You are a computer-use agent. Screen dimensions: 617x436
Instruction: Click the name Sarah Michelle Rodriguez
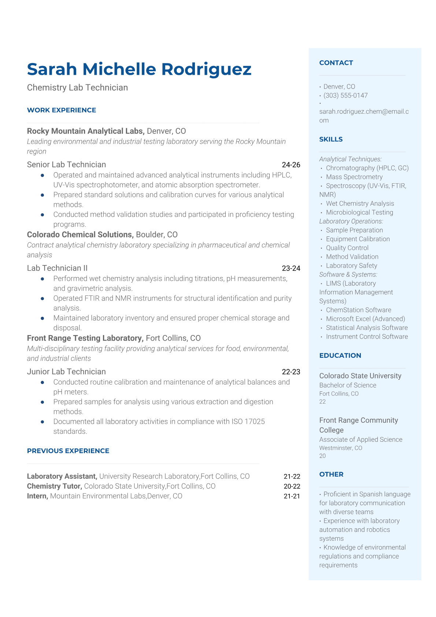tap(139, 69)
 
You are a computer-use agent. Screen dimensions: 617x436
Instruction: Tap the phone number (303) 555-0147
tap(346, 95)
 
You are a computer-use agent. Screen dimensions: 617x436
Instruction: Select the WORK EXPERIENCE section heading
tap(62, 110)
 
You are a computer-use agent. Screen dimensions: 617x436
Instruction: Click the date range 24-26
tap(291, 165)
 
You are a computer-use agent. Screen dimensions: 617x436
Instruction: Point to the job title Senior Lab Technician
tap(66, 165)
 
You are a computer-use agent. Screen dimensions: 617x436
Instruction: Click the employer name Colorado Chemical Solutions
tap(80, 235)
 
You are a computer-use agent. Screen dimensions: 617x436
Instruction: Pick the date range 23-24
tap(291, 268)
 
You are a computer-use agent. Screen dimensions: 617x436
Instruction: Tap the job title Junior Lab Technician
tap(66, 372)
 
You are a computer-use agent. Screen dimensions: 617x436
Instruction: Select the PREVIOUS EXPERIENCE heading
tap(68, 451)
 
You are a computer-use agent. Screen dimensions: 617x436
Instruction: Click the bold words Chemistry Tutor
tap(54, 486)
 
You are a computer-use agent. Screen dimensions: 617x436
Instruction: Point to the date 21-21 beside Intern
tap(292, 496)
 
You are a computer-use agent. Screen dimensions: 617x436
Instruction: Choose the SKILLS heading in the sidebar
tap(331, 139)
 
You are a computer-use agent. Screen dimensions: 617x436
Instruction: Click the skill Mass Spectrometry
tap(354, 177)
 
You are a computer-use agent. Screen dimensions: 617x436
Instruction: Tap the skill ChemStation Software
tap(358, 310)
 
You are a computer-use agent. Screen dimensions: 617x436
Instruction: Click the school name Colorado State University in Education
tap(360, 376)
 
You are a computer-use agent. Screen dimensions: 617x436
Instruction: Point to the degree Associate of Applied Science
tap(361, 439)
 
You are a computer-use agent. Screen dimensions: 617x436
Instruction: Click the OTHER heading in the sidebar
tap(331, 474)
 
